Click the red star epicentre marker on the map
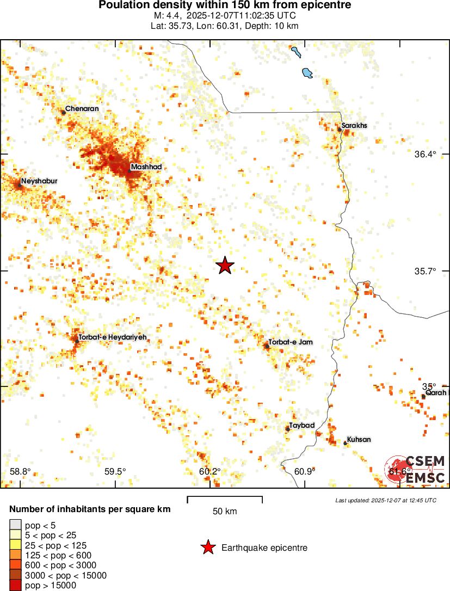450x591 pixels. click(225, 266)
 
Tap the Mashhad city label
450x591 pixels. click(146, 167)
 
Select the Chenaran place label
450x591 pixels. click(82, 109)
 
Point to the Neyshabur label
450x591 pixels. click(39, 181)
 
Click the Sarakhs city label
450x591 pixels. click(354, 126)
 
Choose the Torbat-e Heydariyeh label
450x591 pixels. click(112, 337)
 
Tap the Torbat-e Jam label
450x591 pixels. click(291, 342)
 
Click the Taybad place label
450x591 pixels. click(302, 425)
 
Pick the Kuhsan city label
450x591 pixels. click(359, 440)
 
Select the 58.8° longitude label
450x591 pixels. click(21, 471)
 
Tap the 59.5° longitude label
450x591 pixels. click(115, 471)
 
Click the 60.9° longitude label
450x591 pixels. click(304, 471)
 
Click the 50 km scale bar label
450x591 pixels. click(224, 512)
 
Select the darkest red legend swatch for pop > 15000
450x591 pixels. click(15, 586)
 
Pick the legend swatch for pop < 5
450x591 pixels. click(15, 525)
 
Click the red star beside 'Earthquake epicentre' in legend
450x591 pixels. click(207, 548)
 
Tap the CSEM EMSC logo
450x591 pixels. click(417, 470)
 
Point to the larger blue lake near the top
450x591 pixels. click(307, 72)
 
